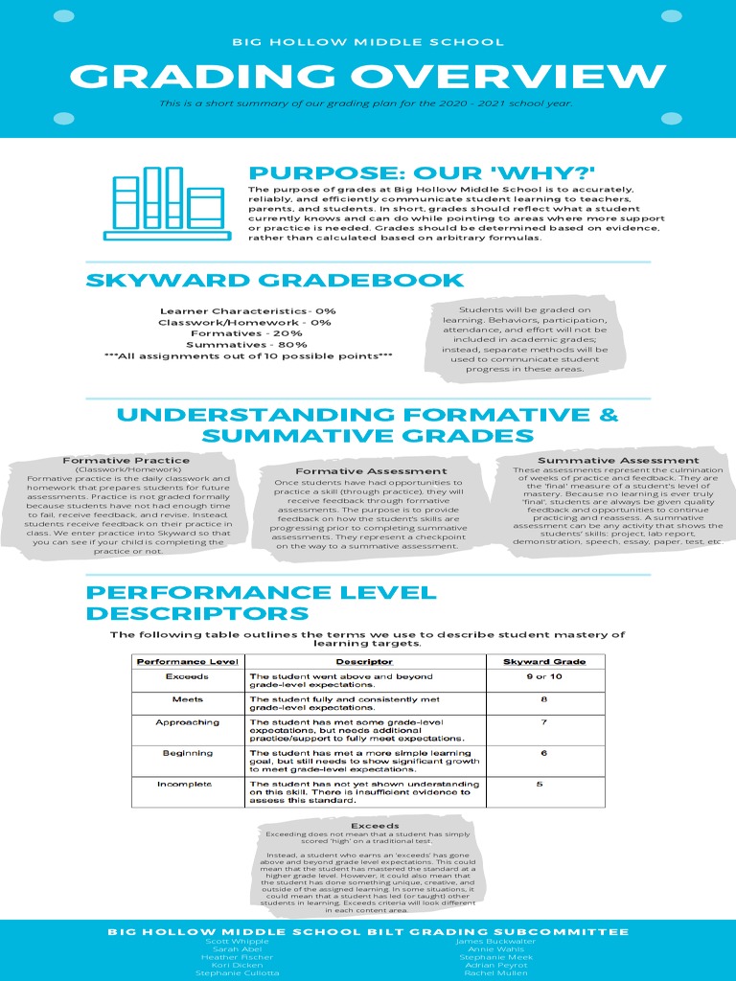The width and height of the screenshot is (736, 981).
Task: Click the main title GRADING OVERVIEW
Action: (368, 76)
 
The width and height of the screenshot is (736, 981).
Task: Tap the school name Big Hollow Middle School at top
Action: (368, 42)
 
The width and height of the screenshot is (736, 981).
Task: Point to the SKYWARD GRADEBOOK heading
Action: (275, 281)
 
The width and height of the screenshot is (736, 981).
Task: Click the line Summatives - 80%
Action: (246, 344)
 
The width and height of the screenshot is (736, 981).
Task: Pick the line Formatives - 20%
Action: (246, 333)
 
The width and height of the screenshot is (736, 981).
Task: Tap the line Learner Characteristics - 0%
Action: (247, 311)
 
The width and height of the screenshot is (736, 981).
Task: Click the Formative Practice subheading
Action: (126, 461)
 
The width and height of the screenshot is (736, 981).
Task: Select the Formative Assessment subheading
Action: (371, 471)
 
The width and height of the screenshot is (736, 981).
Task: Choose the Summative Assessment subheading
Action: (618, 461)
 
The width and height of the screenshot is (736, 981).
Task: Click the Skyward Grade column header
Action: (543, 662)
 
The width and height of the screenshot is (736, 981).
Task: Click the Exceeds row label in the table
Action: (187, 676)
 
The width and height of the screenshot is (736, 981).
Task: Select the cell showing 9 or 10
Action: (542, 676)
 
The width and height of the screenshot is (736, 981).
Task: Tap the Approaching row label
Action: (187, 722)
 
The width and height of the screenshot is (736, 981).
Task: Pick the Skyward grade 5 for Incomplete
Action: (540, 785)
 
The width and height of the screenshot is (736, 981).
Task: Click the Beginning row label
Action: (187, 753)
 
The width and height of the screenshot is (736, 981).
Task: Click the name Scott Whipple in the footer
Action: (237, 942)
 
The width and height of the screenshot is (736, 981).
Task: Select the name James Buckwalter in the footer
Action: (496, 942)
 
